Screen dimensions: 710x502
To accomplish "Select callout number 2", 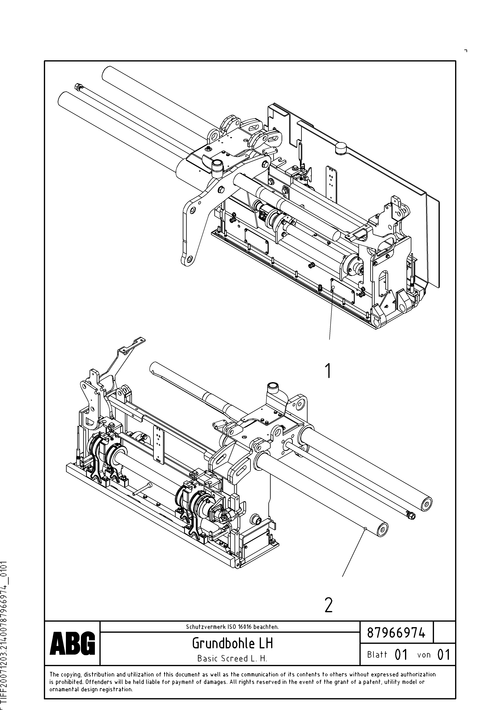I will point(328,605).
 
